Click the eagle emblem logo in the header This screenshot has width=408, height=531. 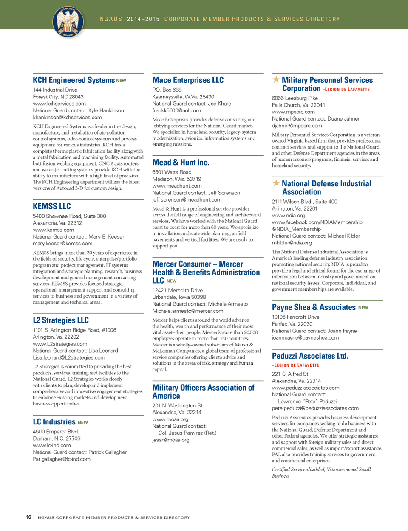tap(68, 22)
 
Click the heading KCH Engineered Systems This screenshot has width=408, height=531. tap(74, 80)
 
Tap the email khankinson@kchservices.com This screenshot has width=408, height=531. tap(67, 118)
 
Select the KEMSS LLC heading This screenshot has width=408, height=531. tap(52, 206)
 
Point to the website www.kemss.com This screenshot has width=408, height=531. tap(54, 230)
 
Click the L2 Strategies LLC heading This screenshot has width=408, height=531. tap(61, 320)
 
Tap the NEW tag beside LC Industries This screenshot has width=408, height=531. tap(83, 423)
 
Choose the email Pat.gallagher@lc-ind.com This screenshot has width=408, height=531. tap(62, 459)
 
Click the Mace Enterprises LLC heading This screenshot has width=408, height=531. tap(188, 80)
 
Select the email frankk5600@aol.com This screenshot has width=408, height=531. tap(176, 111)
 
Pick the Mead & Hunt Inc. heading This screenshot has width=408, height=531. tap(181, 163)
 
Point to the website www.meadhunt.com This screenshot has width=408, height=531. tap(177, 186)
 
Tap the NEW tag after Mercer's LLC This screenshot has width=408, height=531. tap(171, 281)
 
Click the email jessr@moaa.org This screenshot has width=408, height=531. tap(171, 440)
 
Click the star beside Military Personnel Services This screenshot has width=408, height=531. tap(276, 79)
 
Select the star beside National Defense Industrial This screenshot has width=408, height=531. tap(276, 183)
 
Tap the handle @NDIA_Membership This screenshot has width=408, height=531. tap(296, 229)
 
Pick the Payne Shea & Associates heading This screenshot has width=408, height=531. tap(314, 307)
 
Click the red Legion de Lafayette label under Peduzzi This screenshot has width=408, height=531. tap(295, 365)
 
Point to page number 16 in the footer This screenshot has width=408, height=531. tap(28, 517)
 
